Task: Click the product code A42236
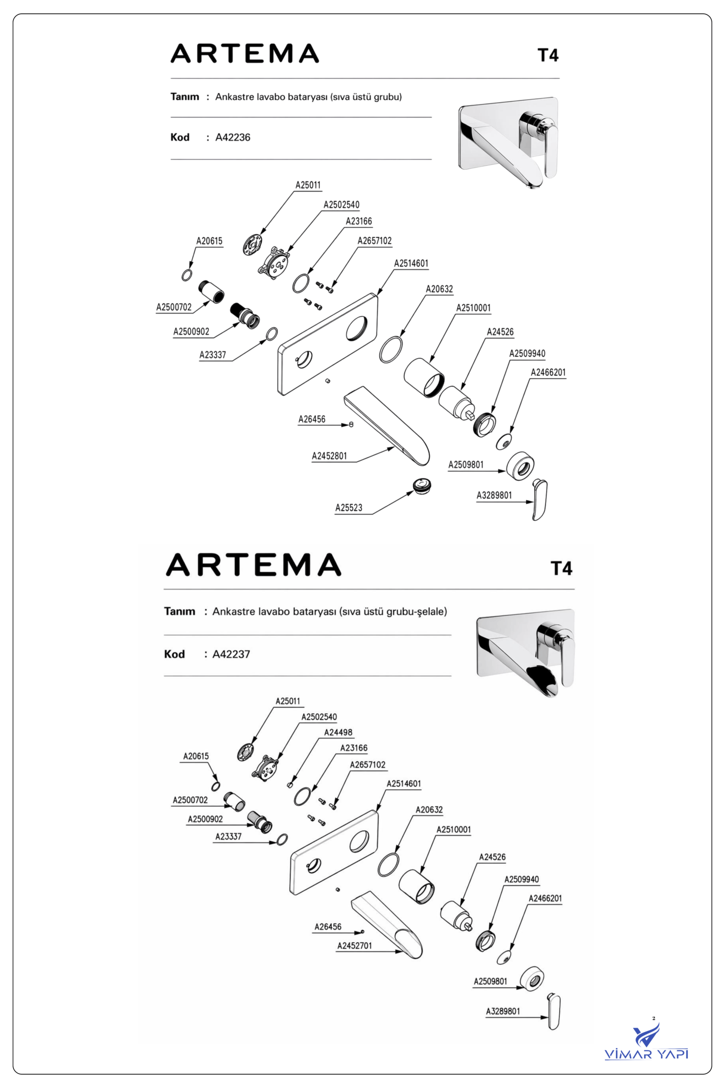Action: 233,137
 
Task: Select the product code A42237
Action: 231,654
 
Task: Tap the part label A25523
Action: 349,507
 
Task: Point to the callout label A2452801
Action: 329,456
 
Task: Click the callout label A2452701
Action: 354,946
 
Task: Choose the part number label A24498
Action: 338,732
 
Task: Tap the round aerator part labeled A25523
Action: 422,486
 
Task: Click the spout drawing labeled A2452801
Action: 387,425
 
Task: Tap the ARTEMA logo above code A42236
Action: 245,53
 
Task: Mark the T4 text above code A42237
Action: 561,568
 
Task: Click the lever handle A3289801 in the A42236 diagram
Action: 539,500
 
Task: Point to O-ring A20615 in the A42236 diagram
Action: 186,275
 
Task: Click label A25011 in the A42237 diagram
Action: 288,701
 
